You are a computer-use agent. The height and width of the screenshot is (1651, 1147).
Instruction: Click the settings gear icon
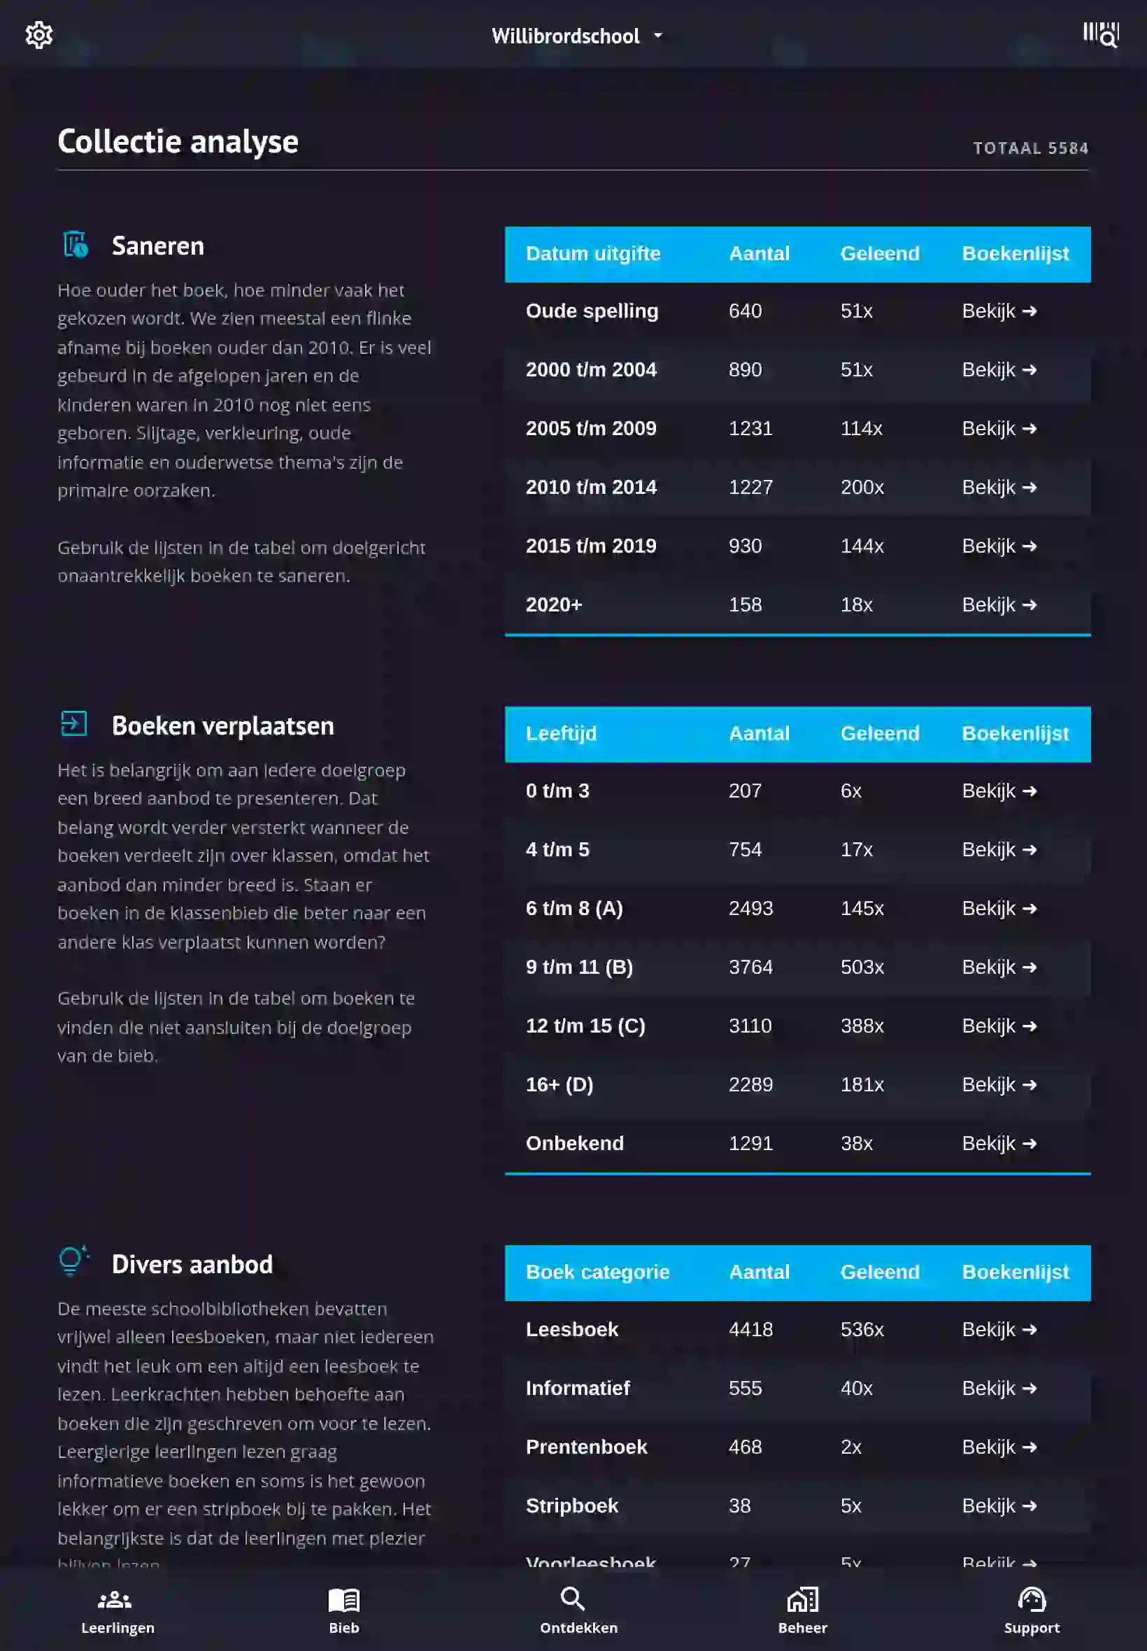(x=38, y=34)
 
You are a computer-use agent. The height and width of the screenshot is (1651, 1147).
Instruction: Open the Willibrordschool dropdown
(x=576, y=36)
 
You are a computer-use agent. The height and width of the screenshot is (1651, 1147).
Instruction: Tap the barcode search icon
(x=1100, y=34)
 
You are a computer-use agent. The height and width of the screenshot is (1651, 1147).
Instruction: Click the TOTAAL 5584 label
(x=1030, y=148)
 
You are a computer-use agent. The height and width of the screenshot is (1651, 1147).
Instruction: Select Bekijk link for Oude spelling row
(x=999, y=311)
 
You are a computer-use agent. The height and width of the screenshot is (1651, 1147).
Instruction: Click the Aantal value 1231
(x=750, y=428)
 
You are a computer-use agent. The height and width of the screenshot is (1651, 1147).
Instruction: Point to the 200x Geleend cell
(x=862, y=488)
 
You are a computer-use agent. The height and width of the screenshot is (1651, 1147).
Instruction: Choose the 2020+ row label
(x=553, y=604)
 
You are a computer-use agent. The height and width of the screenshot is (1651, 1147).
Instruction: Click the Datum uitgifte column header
(x=593, y=254)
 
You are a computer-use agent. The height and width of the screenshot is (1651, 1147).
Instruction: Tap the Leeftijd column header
(x=561, y=734)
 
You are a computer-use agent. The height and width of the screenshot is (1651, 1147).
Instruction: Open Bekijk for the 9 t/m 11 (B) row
(x=999, y=968)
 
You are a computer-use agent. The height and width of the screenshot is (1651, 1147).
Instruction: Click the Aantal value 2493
(x=750, y=909)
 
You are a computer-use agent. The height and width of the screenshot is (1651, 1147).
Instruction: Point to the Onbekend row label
(x=574, y=1144)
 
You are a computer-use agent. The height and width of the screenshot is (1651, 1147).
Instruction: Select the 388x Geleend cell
(x=862, y=1026)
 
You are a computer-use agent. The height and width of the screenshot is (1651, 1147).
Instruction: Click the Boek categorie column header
(x=597, y=1273)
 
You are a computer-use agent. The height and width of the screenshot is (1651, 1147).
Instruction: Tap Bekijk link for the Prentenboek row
(x=999, y=1447)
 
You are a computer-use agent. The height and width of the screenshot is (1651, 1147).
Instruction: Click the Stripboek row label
(x=571, y=1505)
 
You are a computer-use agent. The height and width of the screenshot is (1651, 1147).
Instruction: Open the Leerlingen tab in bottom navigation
(x=117, y=1610)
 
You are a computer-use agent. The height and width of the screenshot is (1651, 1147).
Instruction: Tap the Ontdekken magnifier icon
(x=572, y=1599)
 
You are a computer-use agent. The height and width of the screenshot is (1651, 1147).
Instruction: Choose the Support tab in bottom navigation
(x=1032, y=1610)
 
